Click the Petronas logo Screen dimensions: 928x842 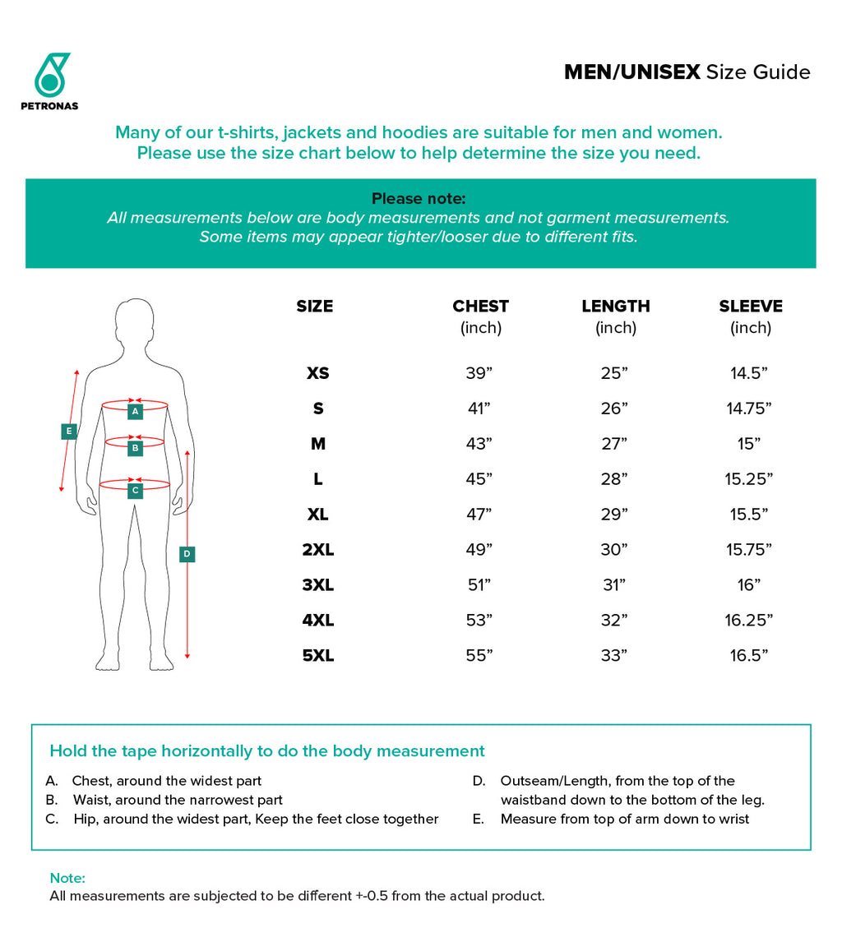tap(50, 81)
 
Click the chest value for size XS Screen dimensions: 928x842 tap(479, 373)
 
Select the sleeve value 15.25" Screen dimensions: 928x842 tap(749, 479)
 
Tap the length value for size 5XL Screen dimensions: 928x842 tap(613, 656)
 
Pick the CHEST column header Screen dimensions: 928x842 tap(480, 307)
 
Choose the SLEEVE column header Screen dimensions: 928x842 tap(750, 307)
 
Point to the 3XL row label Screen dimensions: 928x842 tap(318, 585)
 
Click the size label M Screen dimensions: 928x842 tap(318, 444)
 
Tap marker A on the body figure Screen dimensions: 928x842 tap(136, 410)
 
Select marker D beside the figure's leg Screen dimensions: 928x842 tap(187, 554)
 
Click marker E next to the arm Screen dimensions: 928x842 tap(69, 431)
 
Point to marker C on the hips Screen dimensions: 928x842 tap(136, 491)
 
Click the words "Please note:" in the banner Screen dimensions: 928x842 tap(419, 199)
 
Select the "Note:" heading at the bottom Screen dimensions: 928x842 tap(67, 879)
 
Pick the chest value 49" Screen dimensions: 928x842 tap(479, 550)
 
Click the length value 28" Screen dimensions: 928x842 tap(613, 479)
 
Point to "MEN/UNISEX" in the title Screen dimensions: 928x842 tap(631, 72)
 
